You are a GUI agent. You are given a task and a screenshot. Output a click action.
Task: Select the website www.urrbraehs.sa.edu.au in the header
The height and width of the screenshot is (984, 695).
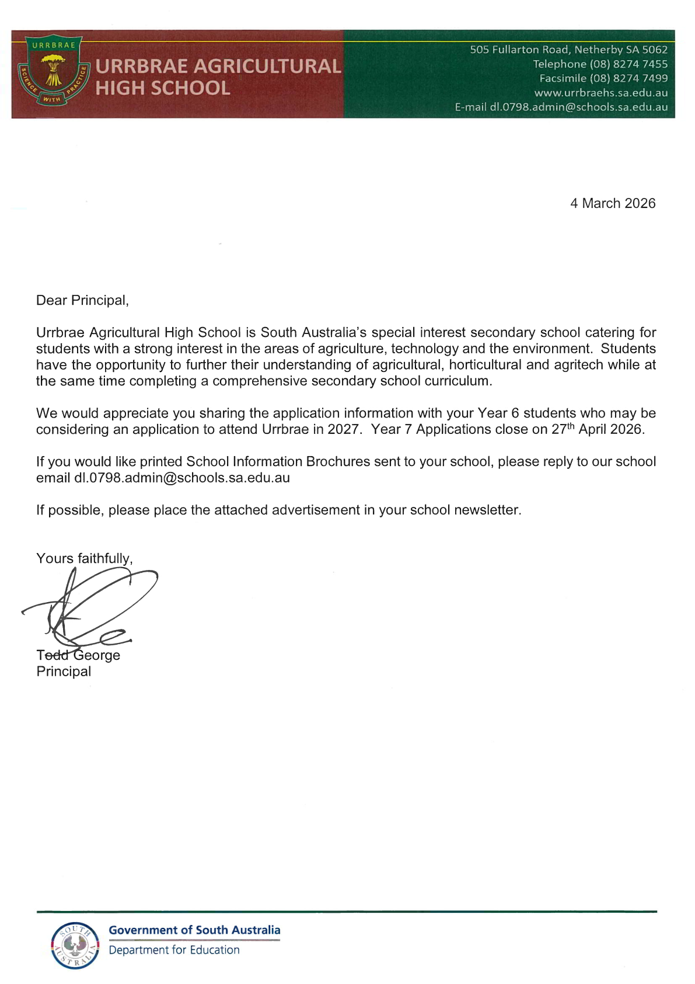600,93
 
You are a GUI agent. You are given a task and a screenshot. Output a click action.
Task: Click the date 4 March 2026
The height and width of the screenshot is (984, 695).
612,204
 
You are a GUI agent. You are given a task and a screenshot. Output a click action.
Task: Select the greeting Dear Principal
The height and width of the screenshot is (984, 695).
82,301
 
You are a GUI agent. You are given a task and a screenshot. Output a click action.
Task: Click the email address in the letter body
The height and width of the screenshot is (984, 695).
181,478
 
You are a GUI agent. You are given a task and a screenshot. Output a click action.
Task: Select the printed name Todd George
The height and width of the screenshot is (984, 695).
78,655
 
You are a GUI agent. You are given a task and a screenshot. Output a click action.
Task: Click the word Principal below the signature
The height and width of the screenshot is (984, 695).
64,672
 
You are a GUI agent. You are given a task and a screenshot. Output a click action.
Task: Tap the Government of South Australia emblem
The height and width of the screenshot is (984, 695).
75,945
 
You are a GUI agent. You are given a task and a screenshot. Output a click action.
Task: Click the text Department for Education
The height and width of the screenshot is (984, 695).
174,950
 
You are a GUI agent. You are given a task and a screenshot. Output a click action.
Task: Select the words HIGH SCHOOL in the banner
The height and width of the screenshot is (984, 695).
163,88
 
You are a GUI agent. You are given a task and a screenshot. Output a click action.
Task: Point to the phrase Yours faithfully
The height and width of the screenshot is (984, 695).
84,559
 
